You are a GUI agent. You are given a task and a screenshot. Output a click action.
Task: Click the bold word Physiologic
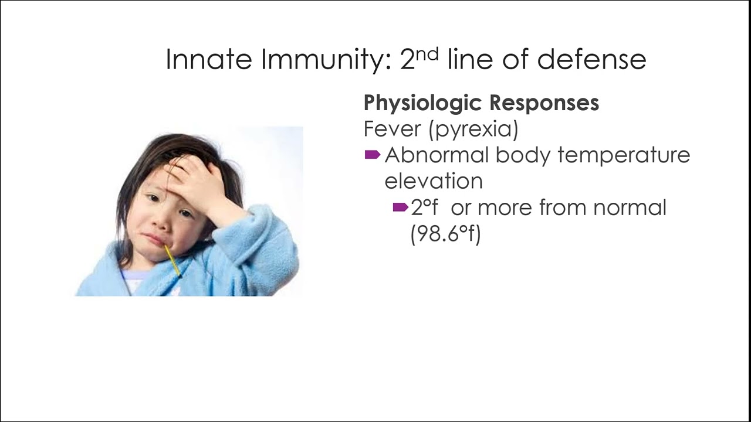click(423, 103)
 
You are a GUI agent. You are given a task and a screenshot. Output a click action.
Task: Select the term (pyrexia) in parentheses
click(474, 130)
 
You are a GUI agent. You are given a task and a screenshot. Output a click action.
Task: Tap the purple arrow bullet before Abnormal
click(373, 155)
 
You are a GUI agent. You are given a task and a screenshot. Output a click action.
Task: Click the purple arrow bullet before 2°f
click(400, 207)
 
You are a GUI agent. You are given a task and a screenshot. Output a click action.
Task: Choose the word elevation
click(434, 181)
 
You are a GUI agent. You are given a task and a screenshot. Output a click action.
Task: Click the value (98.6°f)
click(445, 234)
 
